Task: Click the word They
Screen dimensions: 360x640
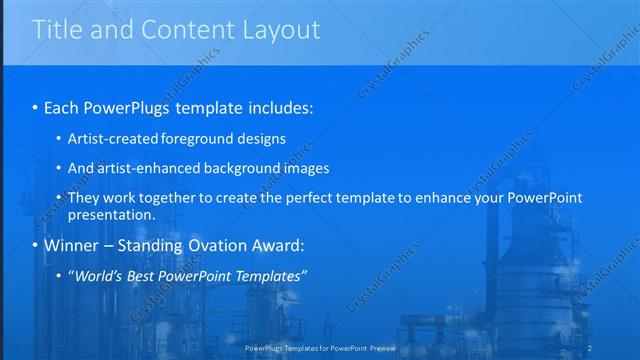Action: click(x=83, y=198)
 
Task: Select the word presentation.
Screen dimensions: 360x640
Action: click(x=110, y=214)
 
